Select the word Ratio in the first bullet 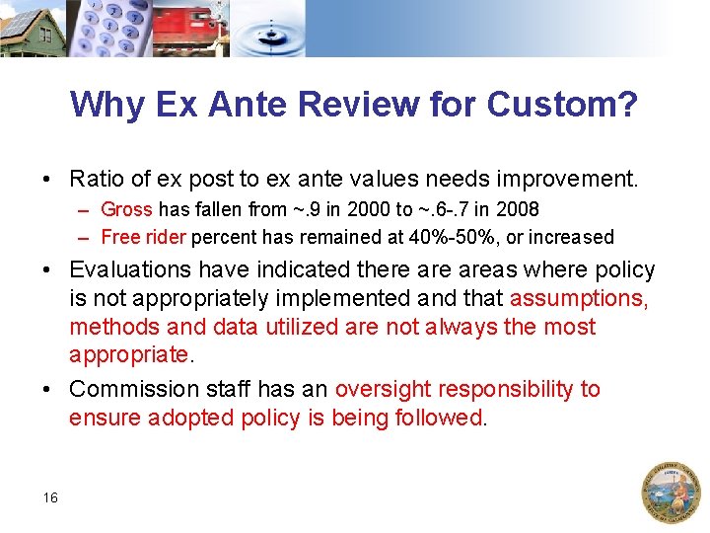[x=95, y=180]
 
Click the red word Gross [x=126, y=210]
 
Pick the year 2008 [x=519, y=210]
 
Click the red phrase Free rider [x=144, y=237]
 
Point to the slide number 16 [x=50, y=497]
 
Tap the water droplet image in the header [x=276, y=28]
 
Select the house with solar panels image [x=32, y=28]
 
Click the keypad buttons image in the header [x=109, y=28]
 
